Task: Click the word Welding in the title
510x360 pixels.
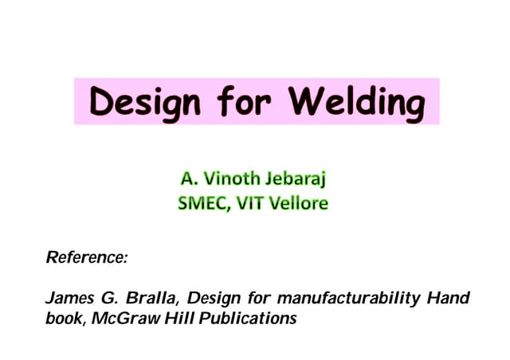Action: [x=355, y=101]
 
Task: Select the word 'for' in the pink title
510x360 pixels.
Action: [x=237, y=101]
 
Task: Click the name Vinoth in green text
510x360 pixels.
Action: [x=231, y=176]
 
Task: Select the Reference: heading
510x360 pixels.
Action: [x=87, y=257]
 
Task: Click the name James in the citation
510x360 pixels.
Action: [x=69, y=299]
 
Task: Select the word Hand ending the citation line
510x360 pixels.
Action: [x=449, y=299]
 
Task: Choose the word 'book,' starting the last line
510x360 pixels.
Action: [x=64, y=319]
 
